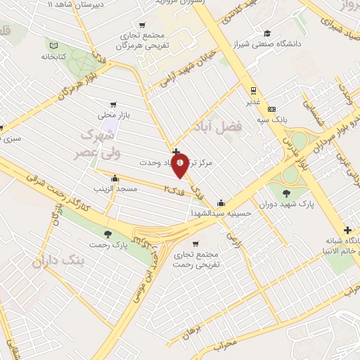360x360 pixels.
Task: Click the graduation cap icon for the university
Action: (x=267, y=33)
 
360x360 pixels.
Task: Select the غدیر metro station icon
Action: (x=252, y=90)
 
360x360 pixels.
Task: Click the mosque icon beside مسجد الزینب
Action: (x=115, y=179)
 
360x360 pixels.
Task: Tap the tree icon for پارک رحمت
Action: (x=107, y=234)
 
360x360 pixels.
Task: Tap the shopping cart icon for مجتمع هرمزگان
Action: (x=143, y=25)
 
